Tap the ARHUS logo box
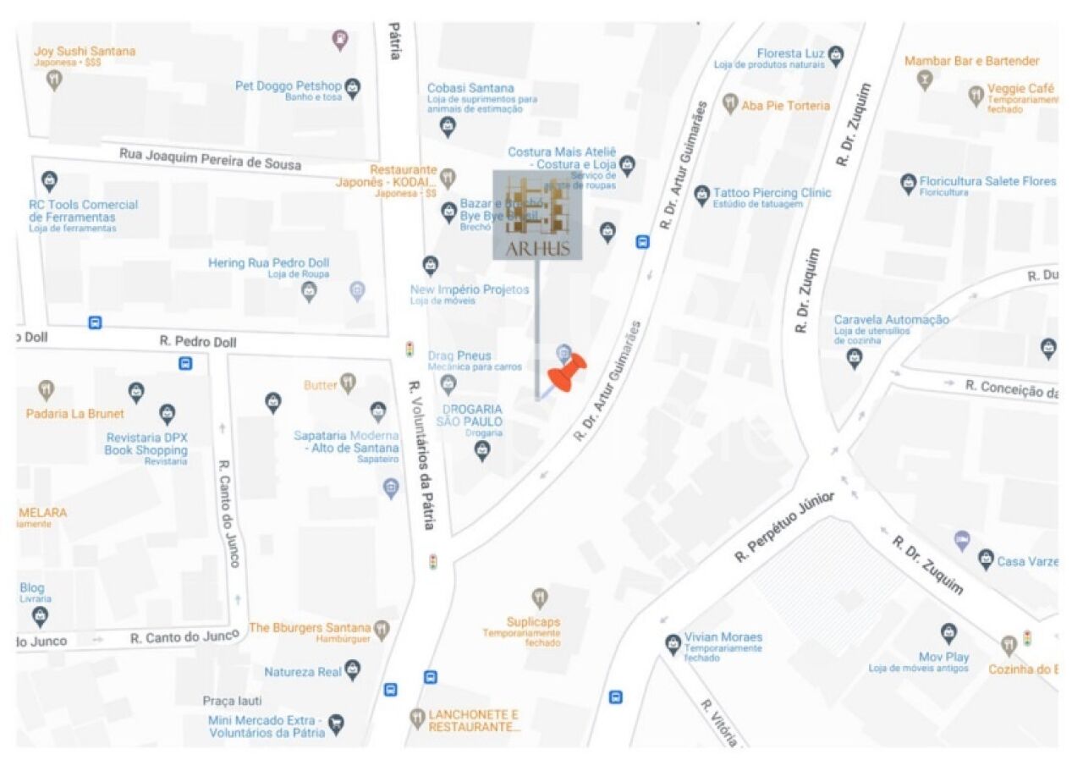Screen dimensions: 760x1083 coord(537,215)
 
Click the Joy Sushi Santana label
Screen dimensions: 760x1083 coord(85,52)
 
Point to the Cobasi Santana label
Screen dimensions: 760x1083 coord(470,88)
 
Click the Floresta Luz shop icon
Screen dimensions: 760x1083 coord(836,54)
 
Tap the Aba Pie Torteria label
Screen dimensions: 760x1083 coord(785,106)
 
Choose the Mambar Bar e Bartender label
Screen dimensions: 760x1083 coord(971,61)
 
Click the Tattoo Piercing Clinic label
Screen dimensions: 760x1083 coord(772,193)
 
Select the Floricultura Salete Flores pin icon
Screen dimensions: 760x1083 coord(908,182)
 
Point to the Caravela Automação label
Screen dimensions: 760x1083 coord(891,320)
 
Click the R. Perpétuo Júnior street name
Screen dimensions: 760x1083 coord(784,526)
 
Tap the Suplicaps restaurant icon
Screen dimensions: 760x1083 coord(540,598)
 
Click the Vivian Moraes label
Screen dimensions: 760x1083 coord(723,637)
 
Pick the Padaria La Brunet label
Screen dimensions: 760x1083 coord(74,414)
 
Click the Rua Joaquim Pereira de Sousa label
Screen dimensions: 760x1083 coord(210,158)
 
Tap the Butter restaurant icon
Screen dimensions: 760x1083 coord(348,383)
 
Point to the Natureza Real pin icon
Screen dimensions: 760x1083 coord(353,671)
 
